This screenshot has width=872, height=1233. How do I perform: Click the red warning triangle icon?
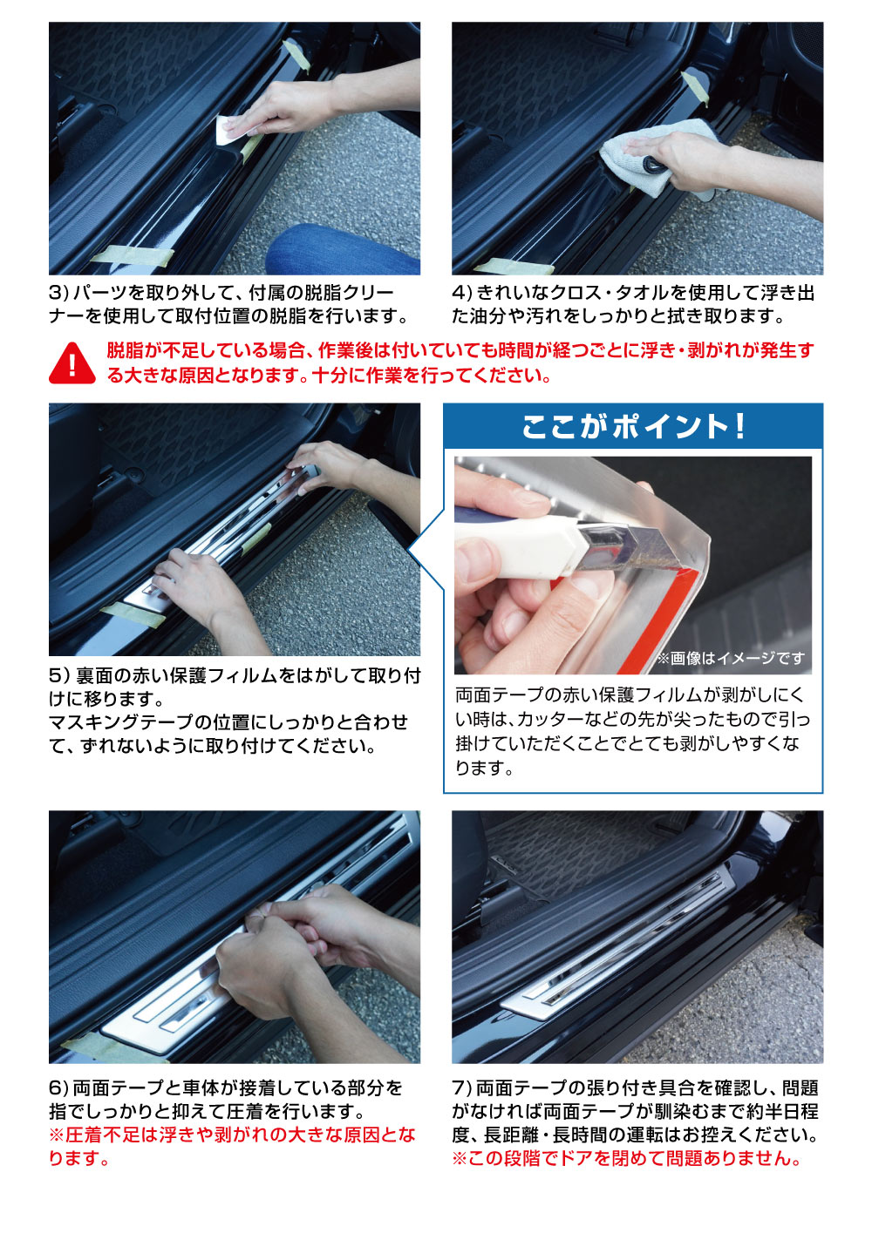click(x=72, y=362)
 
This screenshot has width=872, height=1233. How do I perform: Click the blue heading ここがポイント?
click(x=633, y=426)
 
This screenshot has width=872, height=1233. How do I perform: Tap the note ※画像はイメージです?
click(x=731, y=658)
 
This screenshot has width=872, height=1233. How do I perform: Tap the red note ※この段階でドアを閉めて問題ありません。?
click(x=626, y=1159)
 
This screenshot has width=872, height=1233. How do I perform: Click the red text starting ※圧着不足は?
click(x=231, y=1135)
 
